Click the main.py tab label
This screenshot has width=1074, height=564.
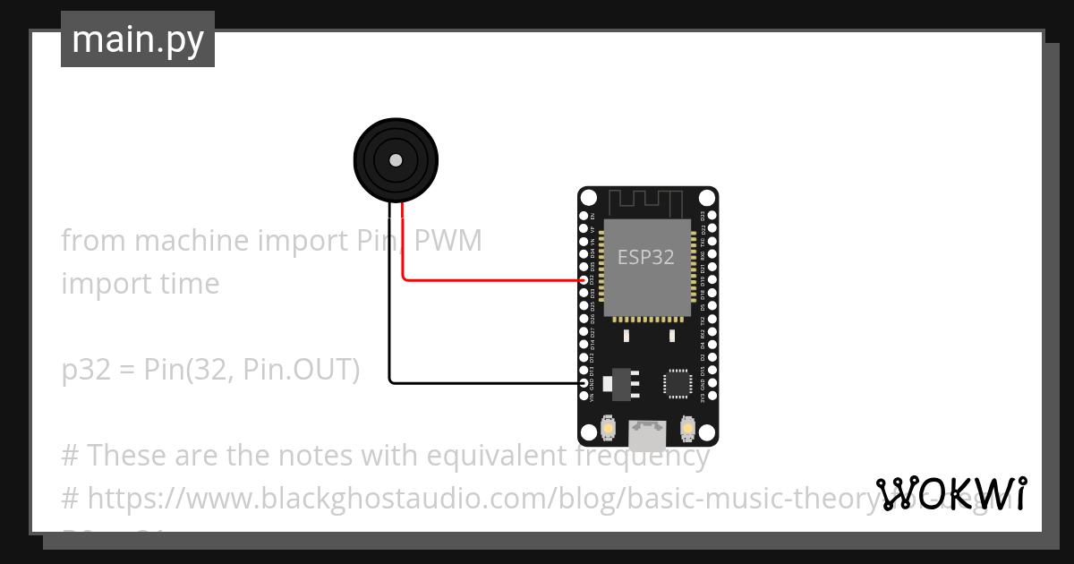(x=138, y=39)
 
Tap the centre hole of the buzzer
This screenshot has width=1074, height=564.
(x=396, y=160)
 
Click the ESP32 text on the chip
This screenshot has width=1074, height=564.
(x=646, y=258)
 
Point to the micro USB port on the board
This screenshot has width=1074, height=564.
(x=647, y=436)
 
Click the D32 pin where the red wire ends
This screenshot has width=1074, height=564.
(x=584, y=280)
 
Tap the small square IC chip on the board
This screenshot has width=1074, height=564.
(x=677, y=383)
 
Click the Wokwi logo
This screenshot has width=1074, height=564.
(x=950, y=493)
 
